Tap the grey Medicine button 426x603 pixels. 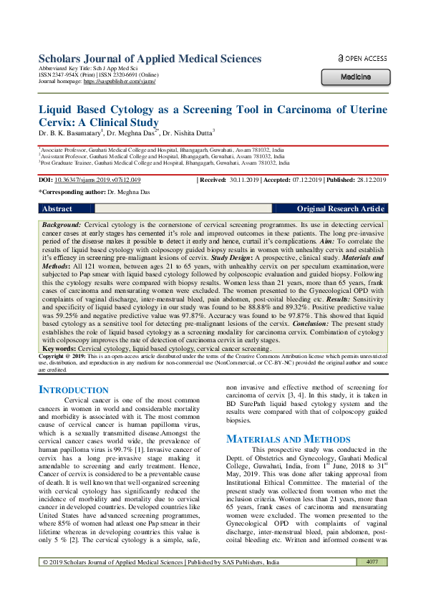click(x=355, y=76)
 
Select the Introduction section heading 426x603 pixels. click(x=73, y=390)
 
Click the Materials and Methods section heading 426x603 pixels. click(x=288, y=438)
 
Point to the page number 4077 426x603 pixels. click(x=372, y=582)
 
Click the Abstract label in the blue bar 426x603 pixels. click(x=57, y=208)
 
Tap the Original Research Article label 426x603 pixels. click(x=340, y=208)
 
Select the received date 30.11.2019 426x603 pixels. click(x=246, y=180)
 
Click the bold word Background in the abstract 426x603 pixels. click(x=62, y=225)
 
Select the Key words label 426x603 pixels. click(x=62, y=347)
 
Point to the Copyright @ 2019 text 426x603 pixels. click(x=63, y=355)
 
